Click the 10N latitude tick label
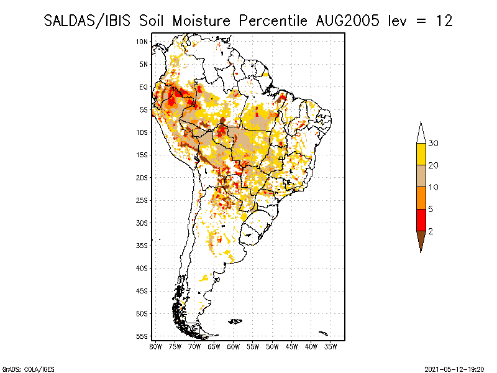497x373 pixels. pyautogui.click(x=142, y=42)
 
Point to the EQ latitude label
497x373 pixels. pyautogui.click(x=144, y=87)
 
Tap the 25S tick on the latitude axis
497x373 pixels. pyautogui.click(x=142, y=200)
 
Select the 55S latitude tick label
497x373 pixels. pyautogui.click(x=142, y=336)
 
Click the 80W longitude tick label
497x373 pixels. pyautogui.click(x=156, y=347)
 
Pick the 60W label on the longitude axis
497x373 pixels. pyautogui.click(x=234, y=347)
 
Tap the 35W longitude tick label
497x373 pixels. pyautogui.click(x=331, y=347)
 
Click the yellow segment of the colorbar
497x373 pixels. pyautogui.click(x=421, y=154)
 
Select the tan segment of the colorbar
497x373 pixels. pyautogui.click(x=421, y=176)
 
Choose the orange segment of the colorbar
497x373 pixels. pyautogui.click(x=421, y=198)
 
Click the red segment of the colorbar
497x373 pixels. pyautogui.click(x=421, y=220)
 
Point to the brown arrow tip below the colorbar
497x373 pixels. pyautogui.click(x=421, y=252)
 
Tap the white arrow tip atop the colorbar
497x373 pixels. pyautogui.click(x=421, y=122)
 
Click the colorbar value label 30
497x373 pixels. pyautogui.click(x=433, y=144)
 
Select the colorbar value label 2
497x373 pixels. pyautogui.click(x=431, y=231)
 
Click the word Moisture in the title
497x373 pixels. pyautogui.click(x=201, y=21)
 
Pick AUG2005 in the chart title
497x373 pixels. pyautogui.click(x=347, y=21)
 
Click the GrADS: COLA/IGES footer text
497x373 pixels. pyautogui.click(x=28, y=369)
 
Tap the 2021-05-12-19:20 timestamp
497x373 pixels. pyautogui.click(x=454, y=369)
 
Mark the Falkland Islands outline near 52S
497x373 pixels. pyautogui.click(x=235, y=321)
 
